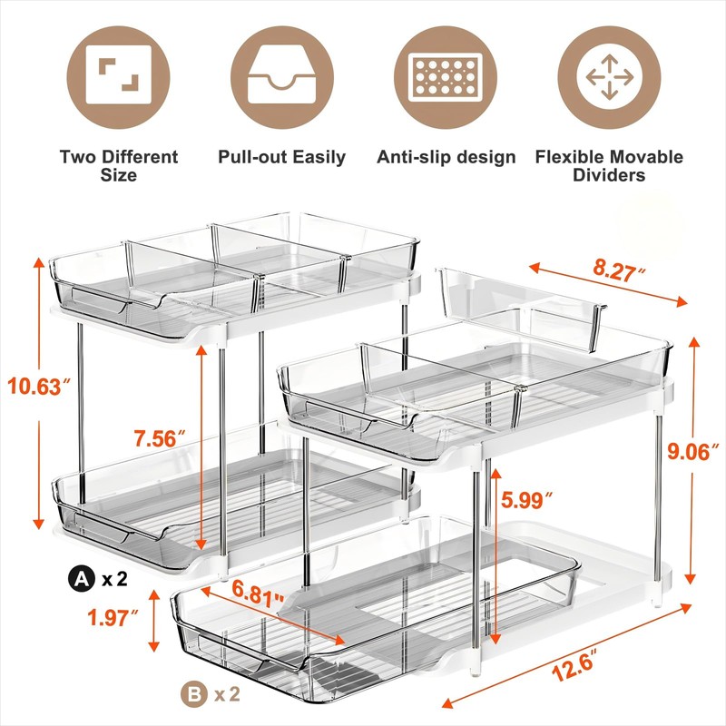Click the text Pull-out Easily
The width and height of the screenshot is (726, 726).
point(282,157)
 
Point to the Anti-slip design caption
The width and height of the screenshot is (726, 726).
point(446,157)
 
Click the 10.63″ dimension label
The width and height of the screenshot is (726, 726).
point(39,388)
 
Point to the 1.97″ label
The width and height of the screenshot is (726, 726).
point(113,618)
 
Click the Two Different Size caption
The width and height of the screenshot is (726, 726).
point(119,165)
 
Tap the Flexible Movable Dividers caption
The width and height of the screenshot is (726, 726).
point(609,165)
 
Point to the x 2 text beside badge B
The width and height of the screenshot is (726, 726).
point(227,696)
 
